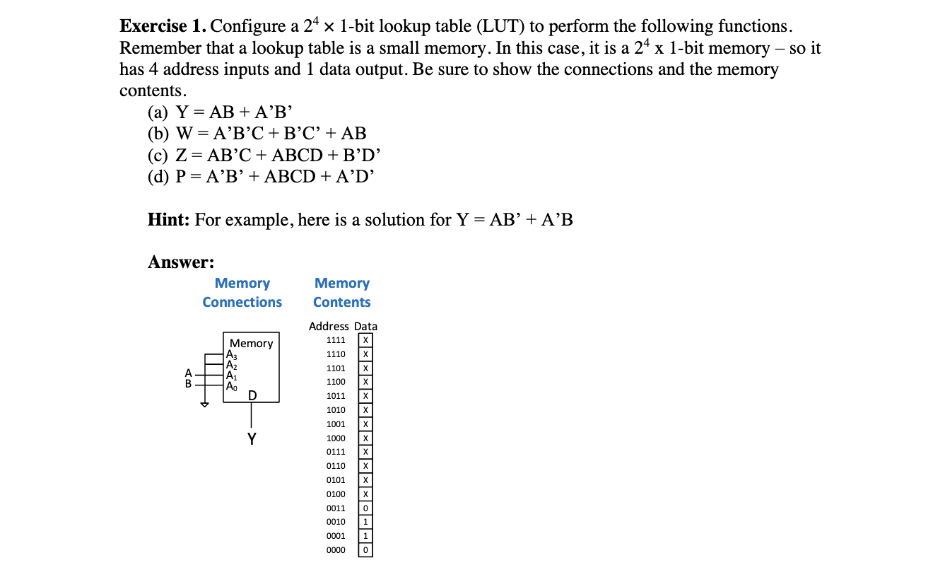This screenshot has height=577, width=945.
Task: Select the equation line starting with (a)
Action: (x=220, y=112)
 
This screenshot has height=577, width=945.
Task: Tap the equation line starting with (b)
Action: (x=257, y=134)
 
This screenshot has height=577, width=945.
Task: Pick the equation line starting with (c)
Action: (x=266, y=155)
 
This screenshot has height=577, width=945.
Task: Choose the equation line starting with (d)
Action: (x=261, y=176)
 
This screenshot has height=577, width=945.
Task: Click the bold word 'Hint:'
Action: (x=169, y=220)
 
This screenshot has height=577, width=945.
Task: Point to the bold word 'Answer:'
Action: (x=181, y=262)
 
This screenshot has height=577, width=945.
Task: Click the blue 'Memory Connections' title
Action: (x=242, y=293)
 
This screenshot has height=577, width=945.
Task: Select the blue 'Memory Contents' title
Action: (x=342, y=293)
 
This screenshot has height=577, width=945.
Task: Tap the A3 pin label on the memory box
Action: (x=231, y=356)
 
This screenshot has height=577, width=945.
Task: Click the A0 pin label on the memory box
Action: (x=231, y=386)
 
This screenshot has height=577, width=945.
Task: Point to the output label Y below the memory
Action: (x=252, y=439)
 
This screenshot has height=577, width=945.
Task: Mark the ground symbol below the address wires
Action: (x=205, y=405)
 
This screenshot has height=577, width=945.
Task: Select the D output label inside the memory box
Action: (x=252, y=395)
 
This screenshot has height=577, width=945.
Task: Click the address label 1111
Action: (x=336, y=340)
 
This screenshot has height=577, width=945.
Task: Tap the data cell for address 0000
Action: (x=365, y=549)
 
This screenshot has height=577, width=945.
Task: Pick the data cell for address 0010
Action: (x=365, y=522)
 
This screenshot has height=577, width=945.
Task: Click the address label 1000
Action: (x=336, y=438)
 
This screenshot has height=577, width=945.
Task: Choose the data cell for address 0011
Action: (x=365, y=508)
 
